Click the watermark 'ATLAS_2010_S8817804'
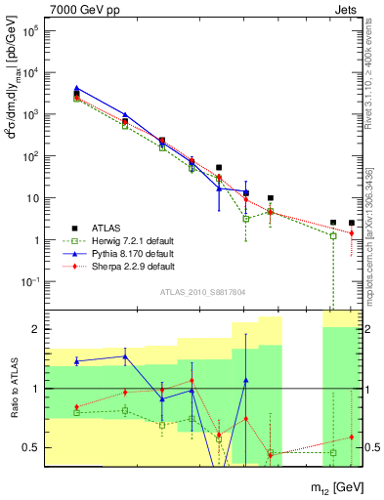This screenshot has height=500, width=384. [x=202, y=291]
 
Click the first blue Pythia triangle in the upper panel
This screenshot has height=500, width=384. [x=77, y=88]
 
